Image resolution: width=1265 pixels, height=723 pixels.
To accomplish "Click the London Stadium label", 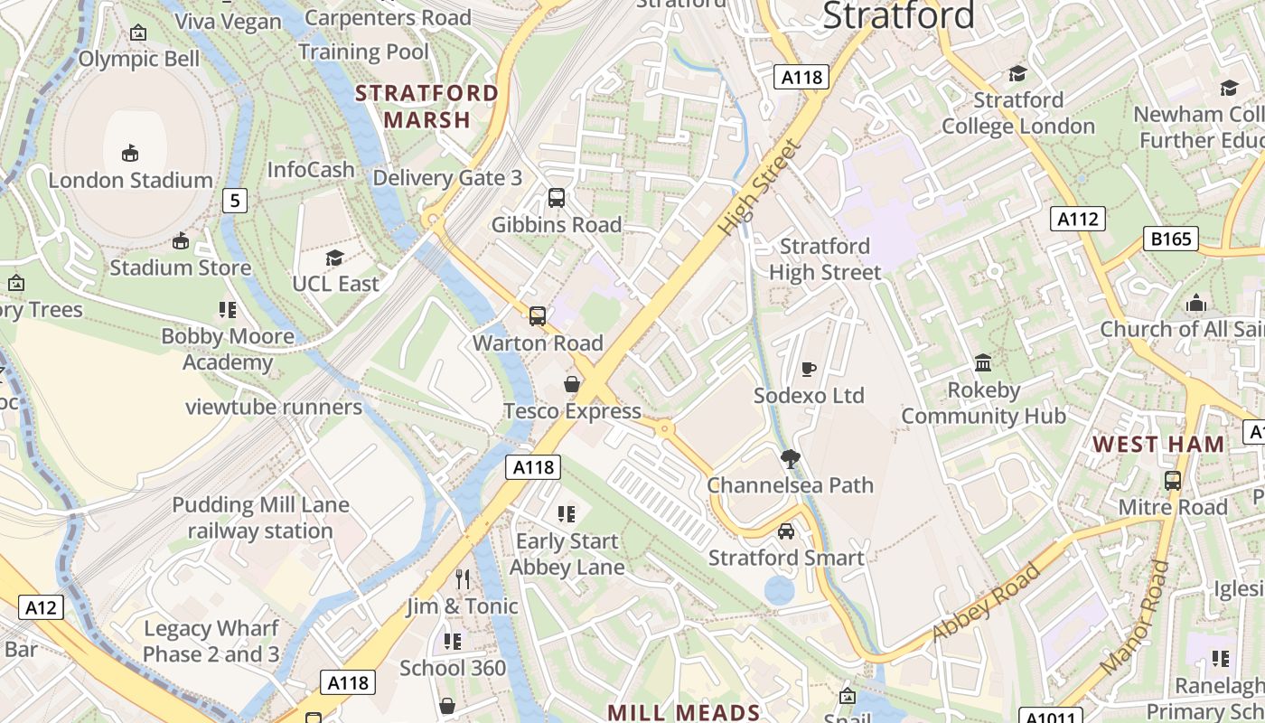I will (130, 180).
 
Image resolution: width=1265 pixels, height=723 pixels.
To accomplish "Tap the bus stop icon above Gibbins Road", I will (557, 197).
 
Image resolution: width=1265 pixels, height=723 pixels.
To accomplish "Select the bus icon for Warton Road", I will (538, 315).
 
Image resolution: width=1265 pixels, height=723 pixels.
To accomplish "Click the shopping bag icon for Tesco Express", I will (572, 384).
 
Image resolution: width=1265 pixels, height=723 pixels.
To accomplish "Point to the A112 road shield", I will (1078, 219).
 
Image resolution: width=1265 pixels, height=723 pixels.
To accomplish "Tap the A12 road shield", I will (41, 607).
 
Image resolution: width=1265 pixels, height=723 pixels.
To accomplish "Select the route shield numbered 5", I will (234, 201).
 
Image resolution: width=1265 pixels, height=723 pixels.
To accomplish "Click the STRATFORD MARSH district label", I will (426, 106).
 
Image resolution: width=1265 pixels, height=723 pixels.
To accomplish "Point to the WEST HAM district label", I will (1158, 444).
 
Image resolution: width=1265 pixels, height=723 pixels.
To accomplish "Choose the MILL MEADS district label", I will (683, 712).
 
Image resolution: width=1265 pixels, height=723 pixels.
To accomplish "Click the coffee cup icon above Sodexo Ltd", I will (809, 369).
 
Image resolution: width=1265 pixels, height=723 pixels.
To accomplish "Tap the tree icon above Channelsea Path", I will (791, 458).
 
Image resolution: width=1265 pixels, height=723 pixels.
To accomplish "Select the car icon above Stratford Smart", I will (786, 531).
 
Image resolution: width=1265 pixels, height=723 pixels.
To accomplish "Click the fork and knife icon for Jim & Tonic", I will (463, 578).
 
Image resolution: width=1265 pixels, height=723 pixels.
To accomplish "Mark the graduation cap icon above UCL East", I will (335, 258).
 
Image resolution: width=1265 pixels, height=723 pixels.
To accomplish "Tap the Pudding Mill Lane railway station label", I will (260, 518).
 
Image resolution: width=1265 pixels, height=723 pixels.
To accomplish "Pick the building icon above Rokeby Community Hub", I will (983, 363).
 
